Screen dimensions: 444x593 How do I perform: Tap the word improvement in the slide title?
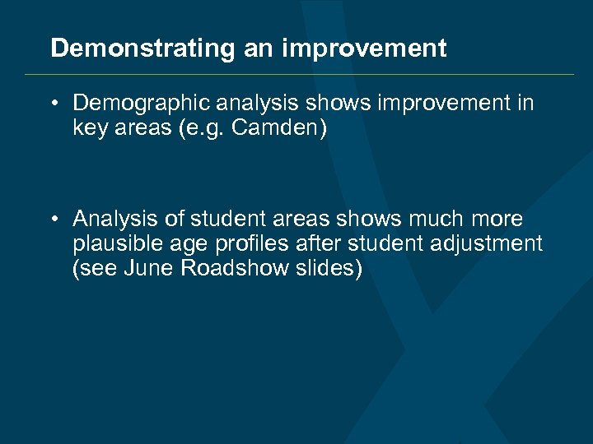coord(364,49)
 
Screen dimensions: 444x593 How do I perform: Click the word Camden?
coord(285,127)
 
